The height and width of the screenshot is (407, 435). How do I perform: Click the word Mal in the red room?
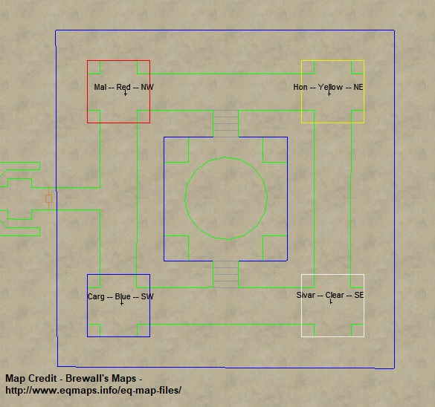[x=100, y=87]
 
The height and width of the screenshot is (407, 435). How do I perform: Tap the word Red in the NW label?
[x=123, y=87]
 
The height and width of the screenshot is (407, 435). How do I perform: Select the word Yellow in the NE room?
[x=330, y=88]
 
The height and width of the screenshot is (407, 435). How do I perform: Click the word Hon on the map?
[x=300, y=87]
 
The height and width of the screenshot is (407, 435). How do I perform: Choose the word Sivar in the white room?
[x=306, y=295]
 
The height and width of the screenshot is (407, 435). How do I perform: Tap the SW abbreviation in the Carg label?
[x=147, y=296]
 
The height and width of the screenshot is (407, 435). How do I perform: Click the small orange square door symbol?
[x=48, y=198]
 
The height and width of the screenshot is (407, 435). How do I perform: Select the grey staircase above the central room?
[x=225, y=123]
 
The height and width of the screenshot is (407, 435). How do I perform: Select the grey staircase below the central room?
[x=225, y=274]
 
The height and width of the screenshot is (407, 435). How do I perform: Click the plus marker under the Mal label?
[x=126, y=94]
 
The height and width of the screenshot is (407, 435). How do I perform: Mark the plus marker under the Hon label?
[x=329, y=94]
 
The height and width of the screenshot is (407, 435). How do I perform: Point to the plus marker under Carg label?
[x=122, y=303]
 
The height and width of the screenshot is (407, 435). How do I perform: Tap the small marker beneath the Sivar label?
[x=331, y=302]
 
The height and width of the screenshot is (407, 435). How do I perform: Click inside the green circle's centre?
[x=226, y=198]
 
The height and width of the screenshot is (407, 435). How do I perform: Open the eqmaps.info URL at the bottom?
[x=93, y=391]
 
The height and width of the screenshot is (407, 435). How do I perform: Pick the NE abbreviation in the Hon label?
[x=358, y=87]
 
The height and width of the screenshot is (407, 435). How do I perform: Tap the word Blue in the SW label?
[x=123, y=296]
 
